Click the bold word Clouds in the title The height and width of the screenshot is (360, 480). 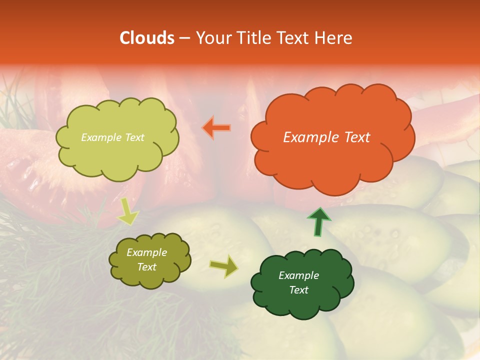[147, 38]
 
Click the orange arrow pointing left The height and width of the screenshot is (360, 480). [216, 128]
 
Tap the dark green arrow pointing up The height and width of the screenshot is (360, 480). [319, 221]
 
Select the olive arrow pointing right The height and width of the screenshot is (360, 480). [223, 266]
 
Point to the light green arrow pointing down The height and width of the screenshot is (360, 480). [127, 211]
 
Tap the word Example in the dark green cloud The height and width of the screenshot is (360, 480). [298, 275]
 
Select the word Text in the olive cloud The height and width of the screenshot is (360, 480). [146, 267]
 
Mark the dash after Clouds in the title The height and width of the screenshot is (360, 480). [184, 38]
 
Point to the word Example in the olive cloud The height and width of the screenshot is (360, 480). [146, 252]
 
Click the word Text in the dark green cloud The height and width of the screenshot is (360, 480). [298, 290]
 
